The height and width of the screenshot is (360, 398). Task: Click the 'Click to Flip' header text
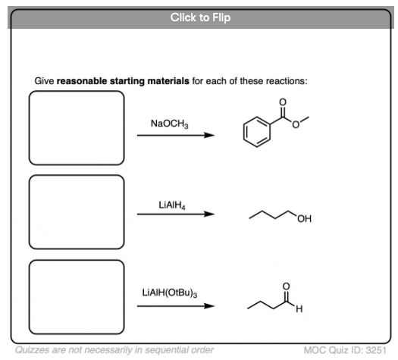(x=201, y=17)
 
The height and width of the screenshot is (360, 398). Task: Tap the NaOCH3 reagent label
(x=170, y=124)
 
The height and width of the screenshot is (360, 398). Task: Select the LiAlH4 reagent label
(x=172, y=205)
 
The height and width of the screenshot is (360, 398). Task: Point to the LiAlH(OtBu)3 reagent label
(x=170, y=293)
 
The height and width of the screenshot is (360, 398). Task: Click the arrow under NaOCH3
(x=176, y=135)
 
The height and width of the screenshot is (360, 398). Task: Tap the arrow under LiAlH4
(x=176, y=214)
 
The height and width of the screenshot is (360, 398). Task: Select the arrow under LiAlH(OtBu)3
(x=176, y=306)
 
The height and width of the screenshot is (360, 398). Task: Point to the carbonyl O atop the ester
(x=283, y=102)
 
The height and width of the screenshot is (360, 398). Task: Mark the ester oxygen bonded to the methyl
(x=296, y=125)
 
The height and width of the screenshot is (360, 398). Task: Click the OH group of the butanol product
(x=304, y=218)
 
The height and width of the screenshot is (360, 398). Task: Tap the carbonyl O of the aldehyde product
(x=286, y=286)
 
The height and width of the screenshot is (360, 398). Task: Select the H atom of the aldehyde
(x=299, y=309)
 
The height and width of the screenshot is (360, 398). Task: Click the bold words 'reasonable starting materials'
(x=123, y=81)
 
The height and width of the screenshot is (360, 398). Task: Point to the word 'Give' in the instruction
(x=44, y=81)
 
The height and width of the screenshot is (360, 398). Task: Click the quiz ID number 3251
(x=376, y=350)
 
